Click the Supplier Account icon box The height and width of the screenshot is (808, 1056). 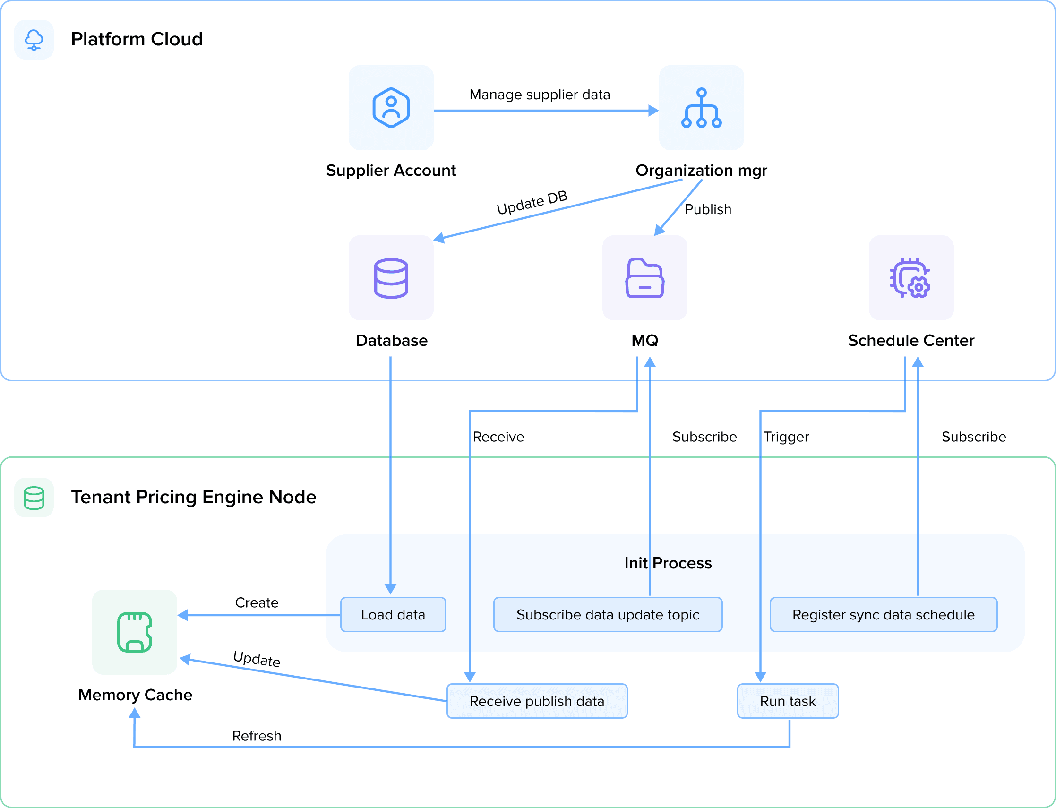point(391,108)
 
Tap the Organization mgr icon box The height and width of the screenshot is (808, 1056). point(701,108)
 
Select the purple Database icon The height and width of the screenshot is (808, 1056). point(391,277)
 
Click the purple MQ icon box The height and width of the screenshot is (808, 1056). point(644,277)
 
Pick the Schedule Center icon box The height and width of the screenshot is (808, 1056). point(911,277)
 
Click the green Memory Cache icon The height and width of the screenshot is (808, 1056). point(135,632)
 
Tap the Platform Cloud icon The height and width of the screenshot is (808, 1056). point(34,39)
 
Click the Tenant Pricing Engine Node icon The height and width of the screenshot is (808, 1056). point(34,497)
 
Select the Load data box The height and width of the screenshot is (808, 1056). point(393,615)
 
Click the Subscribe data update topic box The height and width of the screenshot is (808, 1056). point(607,615)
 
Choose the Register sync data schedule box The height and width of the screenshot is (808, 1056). point(883,615)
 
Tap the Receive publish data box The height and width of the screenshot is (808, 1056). point(537,701)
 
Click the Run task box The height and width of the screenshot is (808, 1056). point(788,701)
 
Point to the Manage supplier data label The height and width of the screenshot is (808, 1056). point(540,95)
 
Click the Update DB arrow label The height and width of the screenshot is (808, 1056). point(532,203)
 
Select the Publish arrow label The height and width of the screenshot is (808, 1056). point(708,210)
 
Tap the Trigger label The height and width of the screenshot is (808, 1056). point(786,437)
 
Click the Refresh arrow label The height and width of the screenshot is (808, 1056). point(256,736)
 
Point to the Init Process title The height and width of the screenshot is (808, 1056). point(668,563)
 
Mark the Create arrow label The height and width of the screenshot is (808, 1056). point(256,602)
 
